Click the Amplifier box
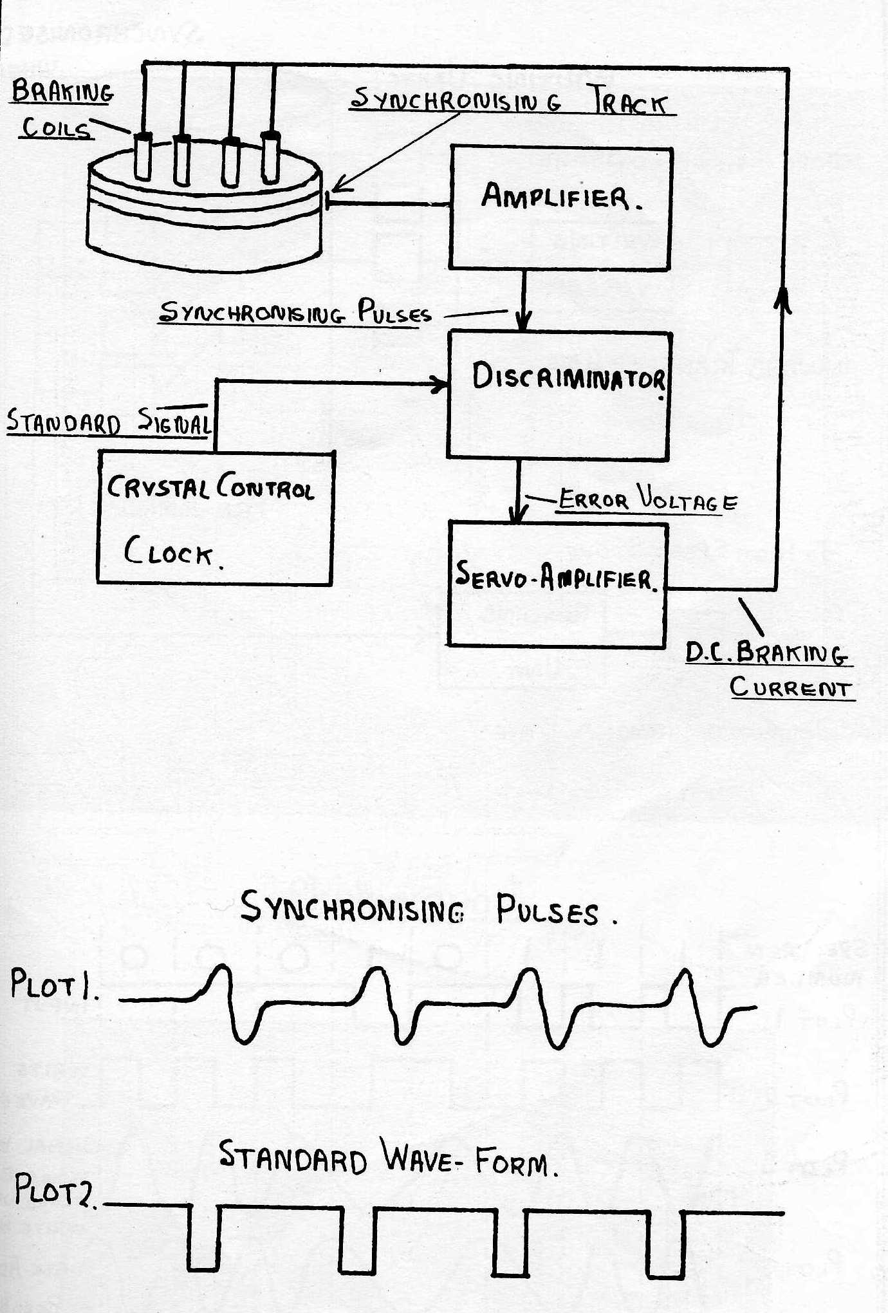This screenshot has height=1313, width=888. point(560,208)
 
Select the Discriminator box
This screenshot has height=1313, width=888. point(559,395)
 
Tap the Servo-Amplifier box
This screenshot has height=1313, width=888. point(557,584)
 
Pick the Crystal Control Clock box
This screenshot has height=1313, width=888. point(216,517)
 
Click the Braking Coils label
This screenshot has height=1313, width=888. point(62,109)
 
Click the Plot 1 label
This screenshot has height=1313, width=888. point(55,984)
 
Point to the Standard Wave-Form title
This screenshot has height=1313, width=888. point(387,1157)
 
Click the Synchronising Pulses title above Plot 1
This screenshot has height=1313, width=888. point(429,909)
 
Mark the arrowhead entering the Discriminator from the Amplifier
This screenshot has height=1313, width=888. point(524,320)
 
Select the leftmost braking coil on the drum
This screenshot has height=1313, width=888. point(143,156)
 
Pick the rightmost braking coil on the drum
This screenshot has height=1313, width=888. point(270,157)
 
